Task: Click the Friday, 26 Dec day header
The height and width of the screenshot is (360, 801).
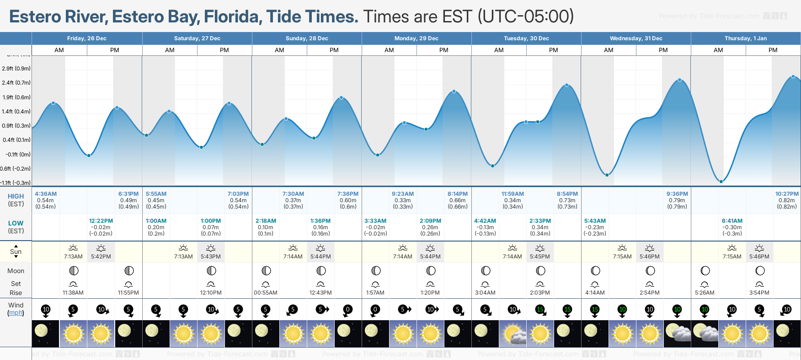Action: tap(87, 38)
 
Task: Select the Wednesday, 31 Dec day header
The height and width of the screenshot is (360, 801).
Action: tap(636, 38)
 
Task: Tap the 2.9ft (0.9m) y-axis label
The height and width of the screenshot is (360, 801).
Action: tap(16, 69)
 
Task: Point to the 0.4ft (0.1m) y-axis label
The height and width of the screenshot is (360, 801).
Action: tap(16, 140)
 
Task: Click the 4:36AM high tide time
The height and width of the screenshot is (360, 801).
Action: tap(46, 194)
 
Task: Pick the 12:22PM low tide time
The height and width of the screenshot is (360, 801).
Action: tap(101, 221)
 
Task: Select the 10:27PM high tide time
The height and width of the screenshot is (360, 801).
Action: tap(787, 194)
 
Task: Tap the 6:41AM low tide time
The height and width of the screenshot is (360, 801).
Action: tap(732, 221)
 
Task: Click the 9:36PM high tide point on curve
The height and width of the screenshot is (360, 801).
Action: tap(679, 80)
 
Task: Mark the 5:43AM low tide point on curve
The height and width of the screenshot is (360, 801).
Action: tap(607, 175)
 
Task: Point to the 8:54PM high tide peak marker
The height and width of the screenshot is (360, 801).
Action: tap(567, 85)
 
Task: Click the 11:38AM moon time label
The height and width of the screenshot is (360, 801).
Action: tap(73, 293)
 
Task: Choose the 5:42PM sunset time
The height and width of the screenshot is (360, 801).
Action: tap(101, 257)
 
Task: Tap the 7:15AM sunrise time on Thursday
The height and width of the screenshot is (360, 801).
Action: tap(732, 257)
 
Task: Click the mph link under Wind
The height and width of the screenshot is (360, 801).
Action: tap(16, 313)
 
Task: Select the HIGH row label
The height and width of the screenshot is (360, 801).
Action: tap(16, 196)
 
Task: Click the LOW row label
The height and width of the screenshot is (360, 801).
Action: tap(16, 223)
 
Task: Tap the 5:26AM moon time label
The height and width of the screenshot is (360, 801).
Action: tap(705, 293)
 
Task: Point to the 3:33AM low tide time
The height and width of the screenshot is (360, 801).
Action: tap(375, 221)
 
